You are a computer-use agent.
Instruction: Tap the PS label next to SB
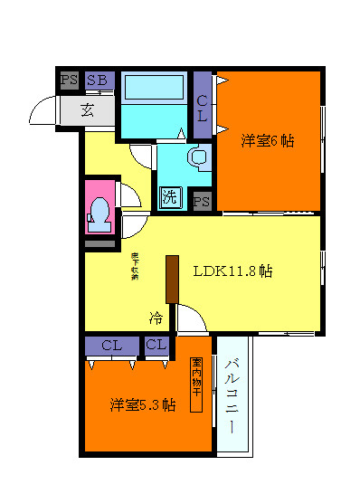pos(69,80)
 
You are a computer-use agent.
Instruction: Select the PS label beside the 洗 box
pos(202,200)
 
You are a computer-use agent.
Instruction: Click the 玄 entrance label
pos(88,110)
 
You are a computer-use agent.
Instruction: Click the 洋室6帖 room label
pos(269,141)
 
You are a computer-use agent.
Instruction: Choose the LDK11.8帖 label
pos(233,270)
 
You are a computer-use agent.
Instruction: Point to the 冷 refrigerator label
pos(156,318)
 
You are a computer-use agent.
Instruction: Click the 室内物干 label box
pos(195,385)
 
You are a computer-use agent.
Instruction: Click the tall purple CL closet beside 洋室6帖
pos(203,103)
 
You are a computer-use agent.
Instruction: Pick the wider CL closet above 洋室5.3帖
pos(111,345)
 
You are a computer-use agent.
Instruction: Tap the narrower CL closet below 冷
pos(156,345)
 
